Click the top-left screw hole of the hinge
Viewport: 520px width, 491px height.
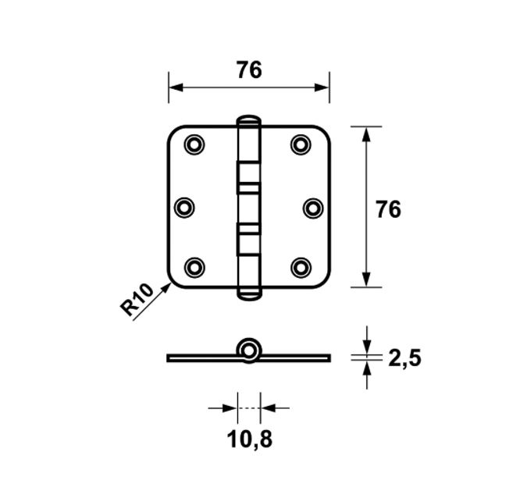tap(194, 144)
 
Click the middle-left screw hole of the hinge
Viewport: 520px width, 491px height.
tap(184, 207)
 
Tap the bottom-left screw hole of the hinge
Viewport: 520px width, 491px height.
tap(194, 267)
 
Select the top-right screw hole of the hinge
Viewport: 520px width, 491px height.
tap(301, 144)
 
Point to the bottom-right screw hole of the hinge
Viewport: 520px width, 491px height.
tap(301, 267)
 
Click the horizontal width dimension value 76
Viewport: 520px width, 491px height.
tap(249, 70)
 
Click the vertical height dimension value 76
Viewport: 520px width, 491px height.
tap(388, 209)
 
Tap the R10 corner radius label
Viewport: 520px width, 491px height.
tap(136, 301)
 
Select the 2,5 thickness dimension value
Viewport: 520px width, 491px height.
tap(404, 358)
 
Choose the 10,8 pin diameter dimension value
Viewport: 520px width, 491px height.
tap(250, 439)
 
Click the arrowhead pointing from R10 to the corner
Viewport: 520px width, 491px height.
tap(165, 289)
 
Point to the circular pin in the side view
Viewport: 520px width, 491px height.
tap(249, 350)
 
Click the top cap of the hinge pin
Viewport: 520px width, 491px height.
tap(248, 121)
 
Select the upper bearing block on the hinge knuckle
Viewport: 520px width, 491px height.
tap(248, 176)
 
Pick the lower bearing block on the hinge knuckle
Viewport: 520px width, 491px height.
tap(248, 239)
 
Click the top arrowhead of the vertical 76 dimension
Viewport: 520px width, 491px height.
tap(365, 133)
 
